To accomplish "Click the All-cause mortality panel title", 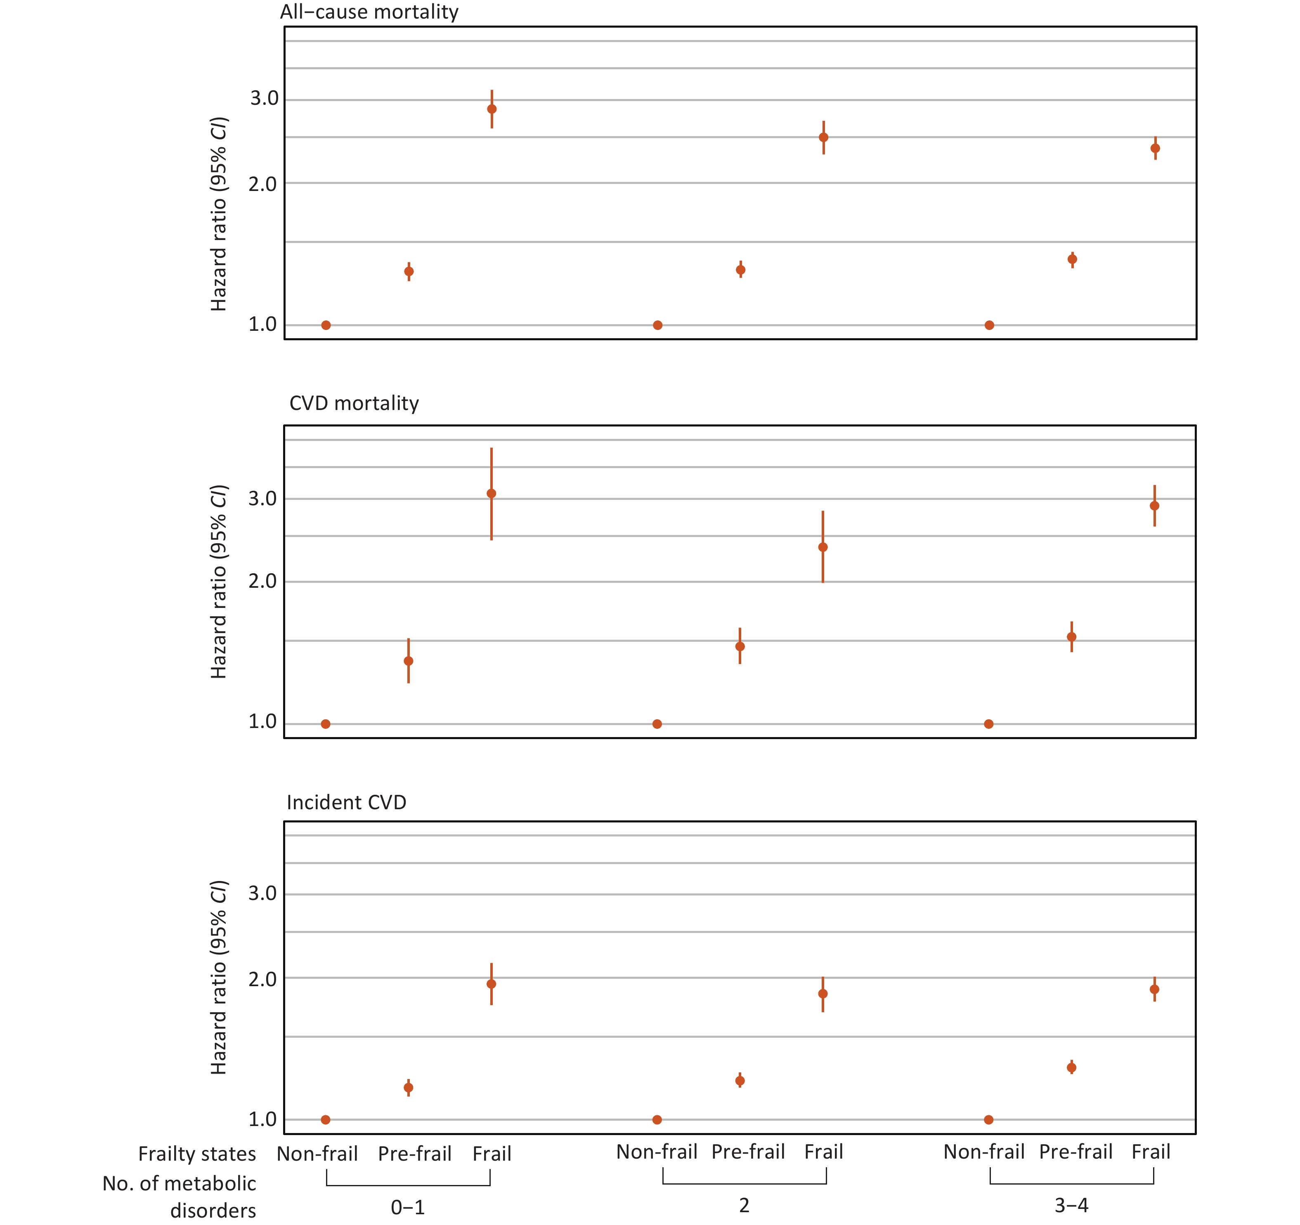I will pos(369,12).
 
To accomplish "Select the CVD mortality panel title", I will pos(354,403).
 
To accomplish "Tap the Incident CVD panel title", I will pos(347,802).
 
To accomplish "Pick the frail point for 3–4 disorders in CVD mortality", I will pos(1155,505).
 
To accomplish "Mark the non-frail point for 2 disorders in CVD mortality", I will pos(657,723).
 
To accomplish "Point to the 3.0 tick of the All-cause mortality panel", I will pos(264,99).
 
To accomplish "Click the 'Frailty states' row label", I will pos(197,1154).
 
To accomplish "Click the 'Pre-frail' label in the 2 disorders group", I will pos(748,1152).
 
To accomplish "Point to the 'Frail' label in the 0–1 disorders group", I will pos(492,1154).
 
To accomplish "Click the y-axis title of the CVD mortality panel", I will pos(218,582).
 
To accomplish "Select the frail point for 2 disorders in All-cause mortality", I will pos(823,137).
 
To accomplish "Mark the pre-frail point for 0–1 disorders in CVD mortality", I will pos(409,661).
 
